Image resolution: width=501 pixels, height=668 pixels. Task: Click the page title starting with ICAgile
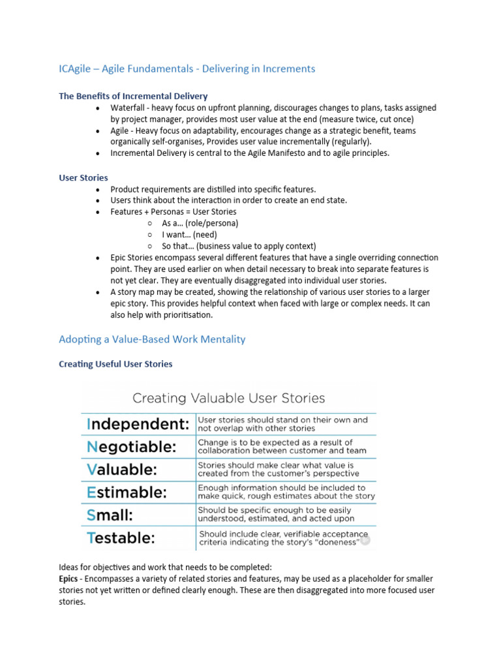tap(187, 68)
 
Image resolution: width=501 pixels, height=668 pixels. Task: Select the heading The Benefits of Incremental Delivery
tap(133, 96)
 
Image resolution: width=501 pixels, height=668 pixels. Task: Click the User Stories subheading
tap(83, 177)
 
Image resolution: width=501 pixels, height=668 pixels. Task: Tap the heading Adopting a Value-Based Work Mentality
tap(152, 339)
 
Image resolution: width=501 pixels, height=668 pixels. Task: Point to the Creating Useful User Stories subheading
tap(115, 364)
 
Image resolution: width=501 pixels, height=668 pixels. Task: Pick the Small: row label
tap(109, 515)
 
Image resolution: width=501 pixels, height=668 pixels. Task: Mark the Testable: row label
tap(121, 538)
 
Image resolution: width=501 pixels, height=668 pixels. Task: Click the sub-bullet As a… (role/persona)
tap(200, 223)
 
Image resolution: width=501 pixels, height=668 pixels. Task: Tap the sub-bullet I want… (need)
tap(189, 234)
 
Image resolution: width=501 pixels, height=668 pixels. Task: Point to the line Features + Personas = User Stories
tap(173, 212)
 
